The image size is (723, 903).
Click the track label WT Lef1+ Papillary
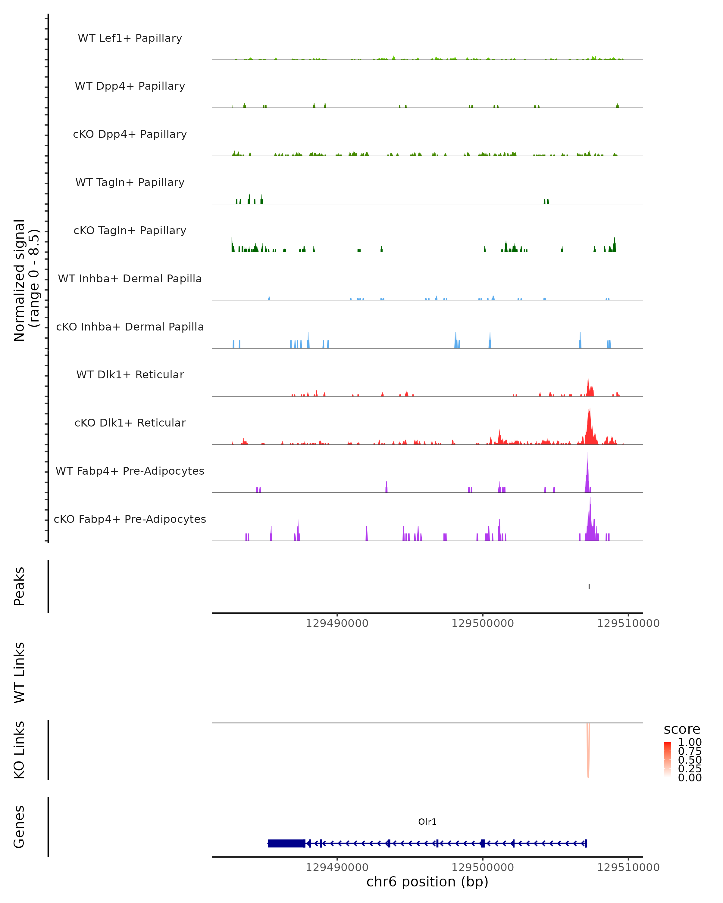[x=130, y=38]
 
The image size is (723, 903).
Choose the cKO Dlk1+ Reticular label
[x=130, y=423]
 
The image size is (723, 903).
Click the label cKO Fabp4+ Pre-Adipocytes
[x=130, y=519]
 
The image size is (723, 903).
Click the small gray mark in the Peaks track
[x=589, y=586]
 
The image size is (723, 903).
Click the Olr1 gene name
[x=427, y=822]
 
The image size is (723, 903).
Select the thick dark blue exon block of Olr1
[x=286, y=843]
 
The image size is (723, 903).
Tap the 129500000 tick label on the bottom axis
[x=482, y=867]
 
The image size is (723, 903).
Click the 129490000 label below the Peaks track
[x=337, y=623]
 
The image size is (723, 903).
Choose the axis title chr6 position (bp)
[x=427, y=882]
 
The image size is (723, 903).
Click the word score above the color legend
[x=682, y=729]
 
